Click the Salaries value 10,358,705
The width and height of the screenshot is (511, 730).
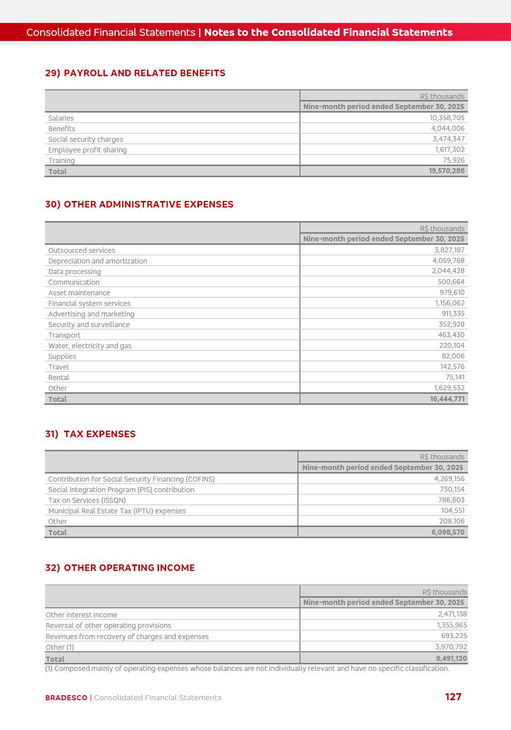[x=447, y=118]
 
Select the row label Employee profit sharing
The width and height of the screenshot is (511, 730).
[x=87, y=150]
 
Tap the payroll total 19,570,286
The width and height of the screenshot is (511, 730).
[x=446, y=171]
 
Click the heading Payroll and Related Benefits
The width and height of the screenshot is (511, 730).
[x=135, y=73]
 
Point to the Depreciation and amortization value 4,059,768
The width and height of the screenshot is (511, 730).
[x=448, y=260]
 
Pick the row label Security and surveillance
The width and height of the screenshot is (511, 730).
[x=89, y=325]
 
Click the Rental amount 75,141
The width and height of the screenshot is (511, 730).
[x=455, y=377]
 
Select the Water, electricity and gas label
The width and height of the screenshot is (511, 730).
[x=89, y=346]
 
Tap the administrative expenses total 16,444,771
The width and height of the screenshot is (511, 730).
[x=447, y=399]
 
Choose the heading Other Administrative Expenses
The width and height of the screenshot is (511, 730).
[x=139, y=204]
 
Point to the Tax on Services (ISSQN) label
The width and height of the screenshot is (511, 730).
[x=87, y=500]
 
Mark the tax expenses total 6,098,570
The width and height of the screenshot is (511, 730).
[x=448, y=532]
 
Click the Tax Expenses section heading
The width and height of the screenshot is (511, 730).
[x=90, y=434]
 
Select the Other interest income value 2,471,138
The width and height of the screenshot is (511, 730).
[x=452, y=614]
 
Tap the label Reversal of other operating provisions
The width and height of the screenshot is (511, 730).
[x=108, y=625]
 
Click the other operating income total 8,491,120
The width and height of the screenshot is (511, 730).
[x=451, y=658]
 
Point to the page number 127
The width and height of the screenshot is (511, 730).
[x=453, y=697]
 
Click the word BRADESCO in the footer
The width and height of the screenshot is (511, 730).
[x=66, y=698]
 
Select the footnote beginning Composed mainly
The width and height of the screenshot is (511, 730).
[x=247, y=668]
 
